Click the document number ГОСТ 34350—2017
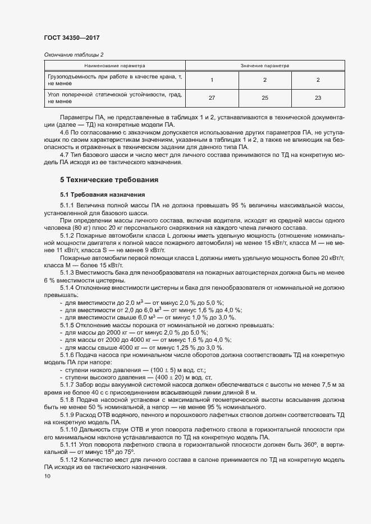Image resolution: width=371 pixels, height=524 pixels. (x=72, y=38)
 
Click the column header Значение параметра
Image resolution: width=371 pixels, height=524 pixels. (x=265, y=66)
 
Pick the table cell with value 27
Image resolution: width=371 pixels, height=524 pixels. (x=212, y=98)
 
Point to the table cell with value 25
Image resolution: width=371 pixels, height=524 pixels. (x=265, y=98)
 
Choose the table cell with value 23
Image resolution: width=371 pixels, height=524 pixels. (x=318, y=98)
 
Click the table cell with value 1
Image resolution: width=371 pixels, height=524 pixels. (x=212, y=80)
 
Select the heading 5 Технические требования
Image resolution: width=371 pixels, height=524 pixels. (x=109, y=180)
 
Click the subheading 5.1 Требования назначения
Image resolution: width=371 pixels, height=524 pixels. (x=103, y=194)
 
